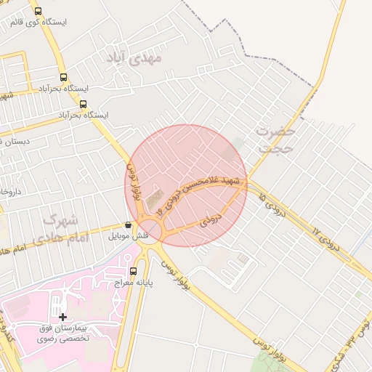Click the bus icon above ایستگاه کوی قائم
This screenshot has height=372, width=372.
(x=38, y=11)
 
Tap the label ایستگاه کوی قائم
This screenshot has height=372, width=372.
(x=38, y=23)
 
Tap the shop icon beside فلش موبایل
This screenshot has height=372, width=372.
(x=129, y=225)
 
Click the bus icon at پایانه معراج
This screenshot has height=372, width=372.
(x=133, y=271)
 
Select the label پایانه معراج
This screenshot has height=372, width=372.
(x=132, y=283)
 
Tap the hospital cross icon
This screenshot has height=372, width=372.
(x=63, y=317)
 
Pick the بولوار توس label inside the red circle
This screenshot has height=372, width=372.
(x=134, y=182)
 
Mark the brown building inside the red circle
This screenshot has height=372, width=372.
(x=154, y=197)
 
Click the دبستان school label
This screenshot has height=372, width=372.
(x=15, y=141)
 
